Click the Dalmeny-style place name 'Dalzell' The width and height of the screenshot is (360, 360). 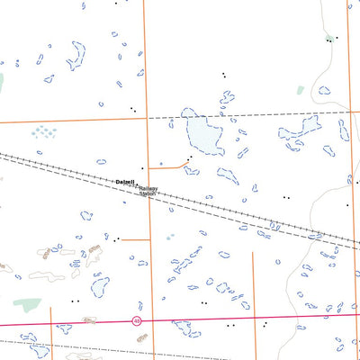point(124,182)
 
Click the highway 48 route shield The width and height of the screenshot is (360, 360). point(137,319)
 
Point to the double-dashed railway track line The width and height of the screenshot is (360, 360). point(252,216)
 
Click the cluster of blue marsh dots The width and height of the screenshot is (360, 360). point(42,131)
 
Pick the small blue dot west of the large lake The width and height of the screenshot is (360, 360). point(160,164)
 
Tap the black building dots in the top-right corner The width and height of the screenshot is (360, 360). point(329,40)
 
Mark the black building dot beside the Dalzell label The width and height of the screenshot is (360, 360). point(141,168)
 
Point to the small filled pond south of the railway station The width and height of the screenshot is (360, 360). point(170,238)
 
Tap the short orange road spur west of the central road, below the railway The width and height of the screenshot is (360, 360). point(135,239)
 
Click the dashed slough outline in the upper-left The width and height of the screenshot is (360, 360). point(76,56)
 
